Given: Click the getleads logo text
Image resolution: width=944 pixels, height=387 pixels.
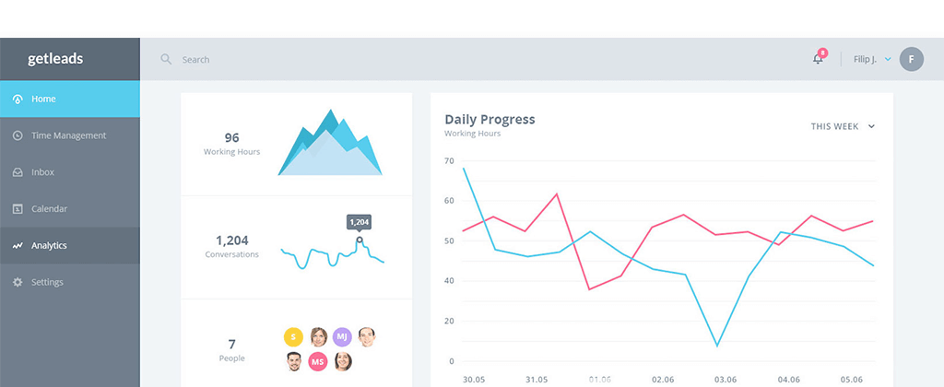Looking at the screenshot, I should coord(55,59).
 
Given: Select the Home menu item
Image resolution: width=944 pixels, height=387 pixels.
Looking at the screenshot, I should coord(43,99).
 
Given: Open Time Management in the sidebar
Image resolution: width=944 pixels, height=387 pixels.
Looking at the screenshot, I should coord(68,135).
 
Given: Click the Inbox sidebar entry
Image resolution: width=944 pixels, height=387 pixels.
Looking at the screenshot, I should coord(42,172).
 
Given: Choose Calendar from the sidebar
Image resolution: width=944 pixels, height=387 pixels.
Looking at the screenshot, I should coord(49,209).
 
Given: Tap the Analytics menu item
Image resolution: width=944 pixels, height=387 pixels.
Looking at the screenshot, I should coord(49,246).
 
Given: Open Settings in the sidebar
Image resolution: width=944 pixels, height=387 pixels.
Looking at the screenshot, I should coord(47,282).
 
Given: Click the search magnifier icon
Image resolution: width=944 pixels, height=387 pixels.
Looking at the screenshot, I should coord(166,59).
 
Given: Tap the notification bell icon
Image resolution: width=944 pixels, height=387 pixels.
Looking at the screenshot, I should coord(818,59).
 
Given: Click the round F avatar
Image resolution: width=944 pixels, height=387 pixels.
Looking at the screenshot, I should coord(911,59).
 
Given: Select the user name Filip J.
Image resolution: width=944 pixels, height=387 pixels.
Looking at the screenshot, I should coord(866,59).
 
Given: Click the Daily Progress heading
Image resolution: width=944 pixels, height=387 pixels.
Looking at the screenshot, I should coord(490,119).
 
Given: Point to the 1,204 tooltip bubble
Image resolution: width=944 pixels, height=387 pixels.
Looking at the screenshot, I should coord(359,222).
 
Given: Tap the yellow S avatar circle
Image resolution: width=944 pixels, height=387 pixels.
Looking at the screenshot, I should coord(293,336).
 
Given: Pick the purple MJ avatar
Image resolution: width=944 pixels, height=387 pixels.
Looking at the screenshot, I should coord(342,336).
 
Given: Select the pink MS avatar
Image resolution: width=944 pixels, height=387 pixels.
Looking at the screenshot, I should coord(318,361).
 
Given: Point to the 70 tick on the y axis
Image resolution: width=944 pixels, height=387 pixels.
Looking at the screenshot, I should coord(449,161).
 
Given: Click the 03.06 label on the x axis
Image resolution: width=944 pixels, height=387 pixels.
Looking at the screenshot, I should coord(725,379).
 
